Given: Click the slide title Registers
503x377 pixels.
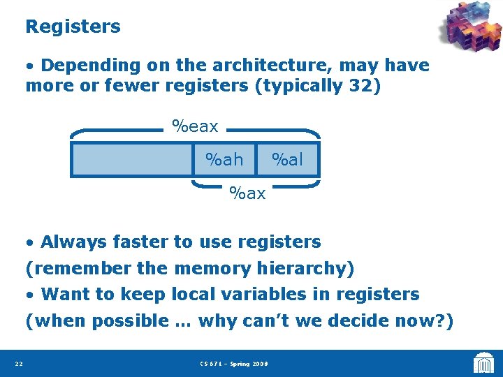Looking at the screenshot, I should coord(73,27).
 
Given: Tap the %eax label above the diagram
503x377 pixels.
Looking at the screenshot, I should coord(195,126).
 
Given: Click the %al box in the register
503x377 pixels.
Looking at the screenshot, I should coord(287,160).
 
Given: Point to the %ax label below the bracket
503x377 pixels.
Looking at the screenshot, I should coord(247,193).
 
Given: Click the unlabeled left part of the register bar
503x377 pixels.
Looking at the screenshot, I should coord(133,160).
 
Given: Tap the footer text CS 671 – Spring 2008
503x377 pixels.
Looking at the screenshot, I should coord(233,364).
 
